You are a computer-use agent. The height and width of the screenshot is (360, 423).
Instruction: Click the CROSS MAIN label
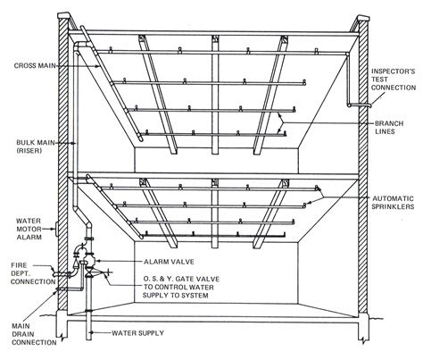pos(35,65)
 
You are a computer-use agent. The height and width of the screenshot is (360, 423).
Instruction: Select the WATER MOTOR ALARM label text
pos(29,229)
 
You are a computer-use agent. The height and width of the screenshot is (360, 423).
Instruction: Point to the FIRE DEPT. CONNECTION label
pos(33,273)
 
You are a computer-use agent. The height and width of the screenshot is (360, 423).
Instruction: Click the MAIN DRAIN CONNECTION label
pos(34,334)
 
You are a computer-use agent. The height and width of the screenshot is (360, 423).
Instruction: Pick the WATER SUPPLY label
pos(137,332)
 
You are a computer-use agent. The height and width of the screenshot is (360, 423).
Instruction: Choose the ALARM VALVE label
pos(169,262)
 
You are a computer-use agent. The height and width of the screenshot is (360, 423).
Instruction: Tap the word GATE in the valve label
pos(185,279)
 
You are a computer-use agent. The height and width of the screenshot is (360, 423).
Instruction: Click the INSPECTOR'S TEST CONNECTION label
pos(394,80)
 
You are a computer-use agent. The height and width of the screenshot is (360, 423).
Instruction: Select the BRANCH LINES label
pos(389,128)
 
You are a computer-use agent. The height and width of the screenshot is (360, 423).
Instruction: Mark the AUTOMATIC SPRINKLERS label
pos(393,203)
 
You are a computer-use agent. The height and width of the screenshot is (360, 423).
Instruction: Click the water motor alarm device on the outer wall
pos(55,229)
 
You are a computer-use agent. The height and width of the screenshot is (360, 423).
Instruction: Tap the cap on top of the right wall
pos(362,18)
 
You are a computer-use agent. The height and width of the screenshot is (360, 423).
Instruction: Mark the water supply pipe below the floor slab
pos(88,326)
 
